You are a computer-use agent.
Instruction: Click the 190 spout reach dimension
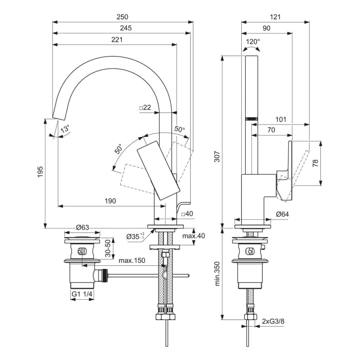pyautogui.click(x=110, y=201)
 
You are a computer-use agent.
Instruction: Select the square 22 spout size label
pyautogui.click(x=145, y=107)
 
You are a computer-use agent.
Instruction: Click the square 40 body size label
pyautogui.click(x=187, y=213)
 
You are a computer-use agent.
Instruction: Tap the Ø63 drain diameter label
pyautogui.click(x=83, y=227)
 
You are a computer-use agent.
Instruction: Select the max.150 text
pyautogui.click(x=132, y=261)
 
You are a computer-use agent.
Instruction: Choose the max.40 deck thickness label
pyautogui.click(x=193, y=236)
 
